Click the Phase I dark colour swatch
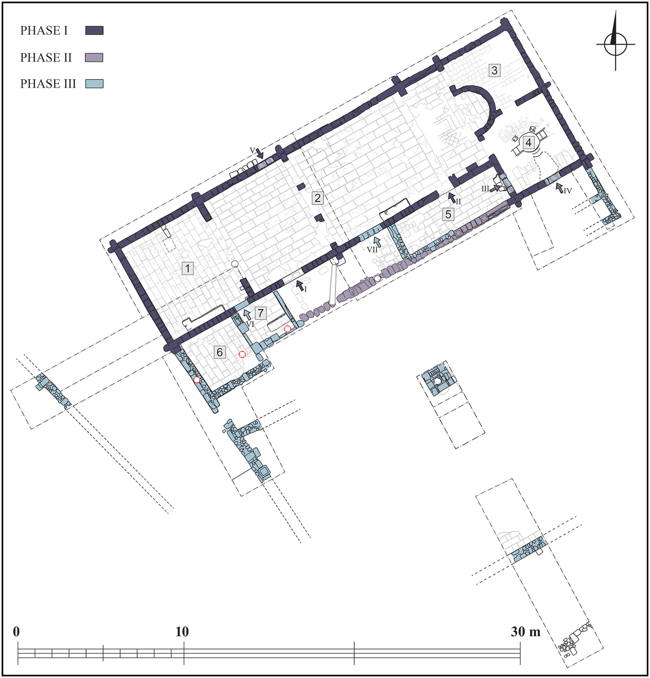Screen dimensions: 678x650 point(94,30)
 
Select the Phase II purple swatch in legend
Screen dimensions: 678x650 point(94,58)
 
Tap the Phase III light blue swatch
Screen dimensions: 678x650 point(94,84)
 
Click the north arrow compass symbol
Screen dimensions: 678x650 point(615,43)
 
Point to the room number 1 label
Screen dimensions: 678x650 point(187,268)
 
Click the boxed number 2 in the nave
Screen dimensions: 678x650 point(317,198)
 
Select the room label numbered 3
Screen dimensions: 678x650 point(494,70)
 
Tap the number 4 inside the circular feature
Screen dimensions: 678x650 point(528,142)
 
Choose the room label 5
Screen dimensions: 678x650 point(448,214)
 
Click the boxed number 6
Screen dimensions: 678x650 point(219,352)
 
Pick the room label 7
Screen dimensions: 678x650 point(261,313)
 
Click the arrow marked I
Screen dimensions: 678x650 point(300,285)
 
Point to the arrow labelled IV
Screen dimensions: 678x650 point(560,188)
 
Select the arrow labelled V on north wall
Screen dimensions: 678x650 point(260,154)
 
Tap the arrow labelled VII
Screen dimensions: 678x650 point(378,241)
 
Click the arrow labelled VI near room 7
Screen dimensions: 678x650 point(247,314)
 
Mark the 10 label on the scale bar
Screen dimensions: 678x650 point(182,632)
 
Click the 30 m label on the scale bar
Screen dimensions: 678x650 point(525,632)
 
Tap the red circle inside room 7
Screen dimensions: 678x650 point(287,328)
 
